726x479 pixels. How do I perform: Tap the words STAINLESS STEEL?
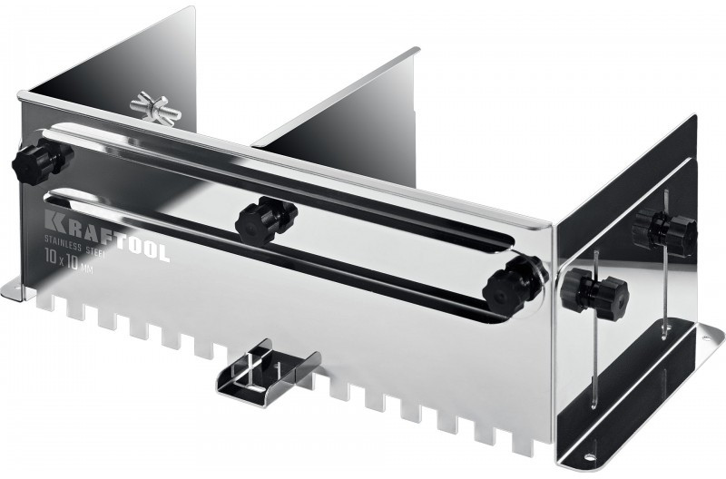point(75,245)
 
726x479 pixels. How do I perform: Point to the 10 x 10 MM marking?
point(69,261)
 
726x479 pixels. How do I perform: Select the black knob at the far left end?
point(41,162)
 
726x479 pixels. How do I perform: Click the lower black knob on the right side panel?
point(594,291)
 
